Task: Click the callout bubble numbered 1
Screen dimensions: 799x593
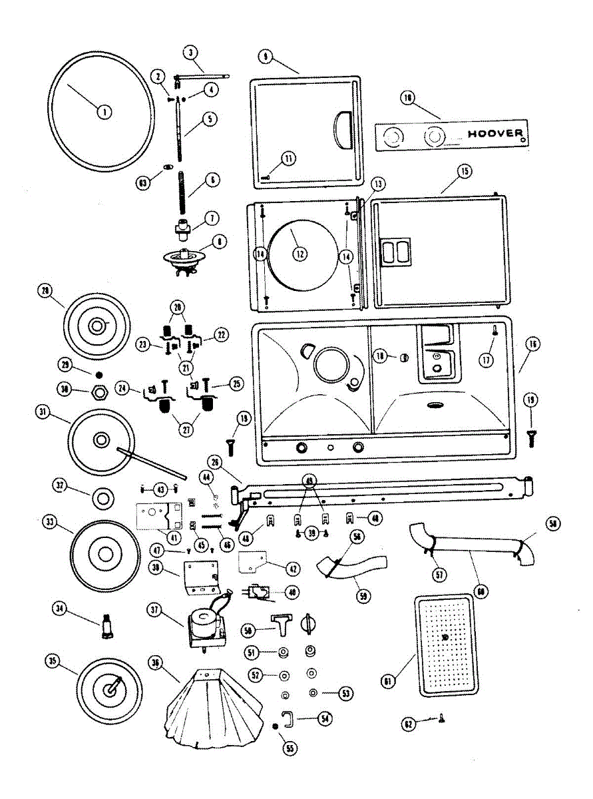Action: (x=104, y=112)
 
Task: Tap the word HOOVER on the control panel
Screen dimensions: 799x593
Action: (x=495, y=133)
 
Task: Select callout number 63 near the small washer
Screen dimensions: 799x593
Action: (x=142, y=182)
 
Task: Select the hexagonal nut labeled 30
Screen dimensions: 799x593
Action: (x=100, y=392)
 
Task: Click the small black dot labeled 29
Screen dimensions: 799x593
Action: (x=99, y=374)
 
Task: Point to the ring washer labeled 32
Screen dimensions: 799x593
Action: (x=103, y=496)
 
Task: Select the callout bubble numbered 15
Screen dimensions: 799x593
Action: (x=463, y=171)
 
